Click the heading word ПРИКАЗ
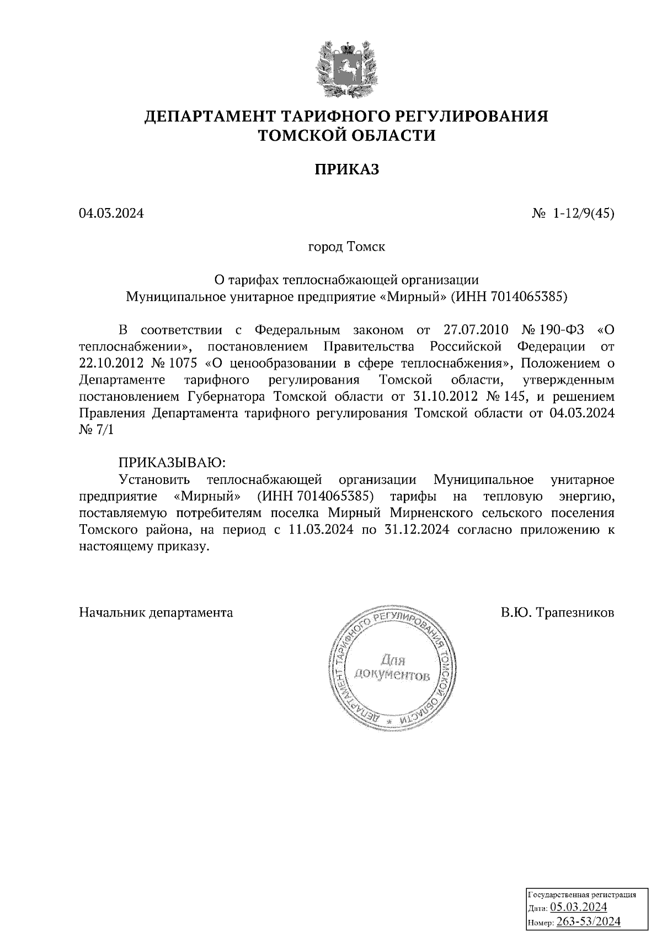pos(347,169)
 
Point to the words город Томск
pos(346,247)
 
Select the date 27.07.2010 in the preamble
pos(475,330)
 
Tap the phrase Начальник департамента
pos(156,613)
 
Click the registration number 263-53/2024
pos(589,922)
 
